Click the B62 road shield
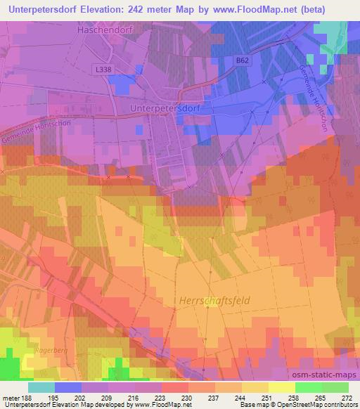(243, 61)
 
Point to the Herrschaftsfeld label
(211, 300)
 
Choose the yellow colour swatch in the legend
(282, 387)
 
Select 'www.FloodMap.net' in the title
(238, 11)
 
